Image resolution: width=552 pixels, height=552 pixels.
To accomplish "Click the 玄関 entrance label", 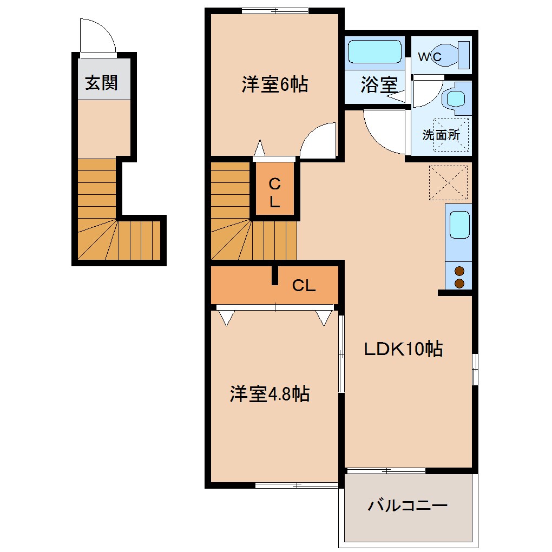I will (x=101, y=83).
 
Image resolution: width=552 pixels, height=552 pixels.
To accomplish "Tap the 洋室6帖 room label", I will (x=274, y=84).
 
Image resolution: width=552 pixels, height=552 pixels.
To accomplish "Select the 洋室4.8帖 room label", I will (x=269, y=394).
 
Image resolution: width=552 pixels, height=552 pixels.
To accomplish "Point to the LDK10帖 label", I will (x=403, y=349).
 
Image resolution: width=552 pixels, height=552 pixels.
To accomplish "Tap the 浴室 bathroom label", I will (x=379, y=85).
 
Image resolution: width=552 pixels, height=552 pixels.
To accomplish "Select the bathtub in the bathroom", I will (x=374, y=52).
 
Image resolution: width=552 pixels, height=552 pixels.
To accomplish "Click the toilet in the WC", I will (x=454, y=54).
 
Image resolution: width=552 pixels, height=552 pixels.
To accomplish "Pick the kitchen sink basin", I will (x=458, y=225).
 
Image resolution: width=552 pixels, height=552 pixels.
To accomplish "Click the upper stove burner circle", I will (x=459, y=272).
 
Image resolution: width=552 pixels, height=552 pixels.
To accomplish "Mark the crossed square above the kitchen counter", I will (x=448, y=183).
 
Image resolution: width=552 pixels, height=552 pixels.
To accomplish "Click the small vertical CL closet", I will (x=275, y=193).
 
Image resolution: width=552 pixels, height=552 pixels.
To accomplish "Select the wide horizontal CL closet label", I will (x=304, y=286).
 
